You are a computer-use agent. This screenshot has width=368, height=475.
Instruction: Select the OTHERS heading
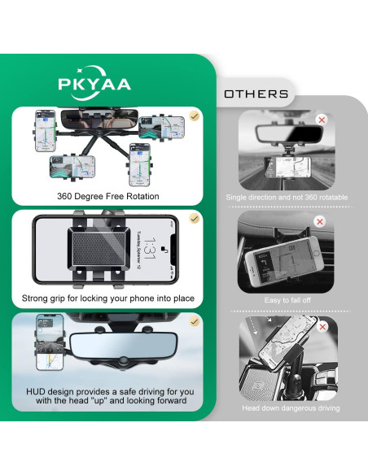coord(256,94)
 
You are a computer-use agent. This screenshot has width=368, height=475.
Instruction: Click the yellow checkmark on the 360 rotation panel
coord(194,116)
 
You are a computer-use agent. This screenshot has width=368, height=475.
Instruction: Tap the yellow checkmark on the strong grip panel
coord(194,219)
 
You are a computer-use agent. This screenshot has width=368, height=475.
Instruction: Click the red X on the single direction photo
coord(322,120)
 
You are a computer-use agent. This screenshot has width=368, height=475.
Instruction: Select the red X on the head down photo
coord(322,327)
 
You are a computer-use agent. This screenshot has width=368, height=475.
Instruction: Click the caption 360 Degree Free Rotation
coord(107,195)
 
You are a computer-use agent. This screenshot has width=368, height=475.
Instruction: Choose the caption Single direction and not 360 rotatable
coord(287,198)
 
